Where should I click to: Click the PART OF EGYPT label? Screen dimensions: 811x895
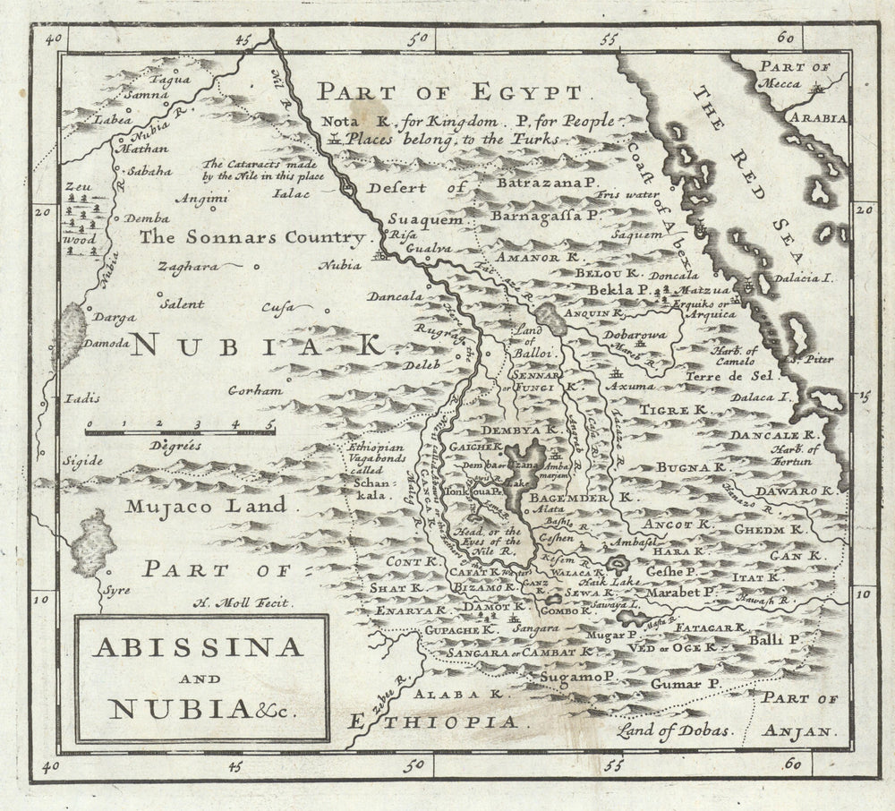[451, 92]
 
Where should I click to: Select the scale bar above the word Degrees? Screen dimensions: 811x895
[180, 431]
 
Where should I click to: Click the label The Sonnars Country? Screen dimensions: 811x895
[253, 238]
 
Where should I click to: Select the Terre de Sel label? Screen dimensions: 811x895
[723, 377]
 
